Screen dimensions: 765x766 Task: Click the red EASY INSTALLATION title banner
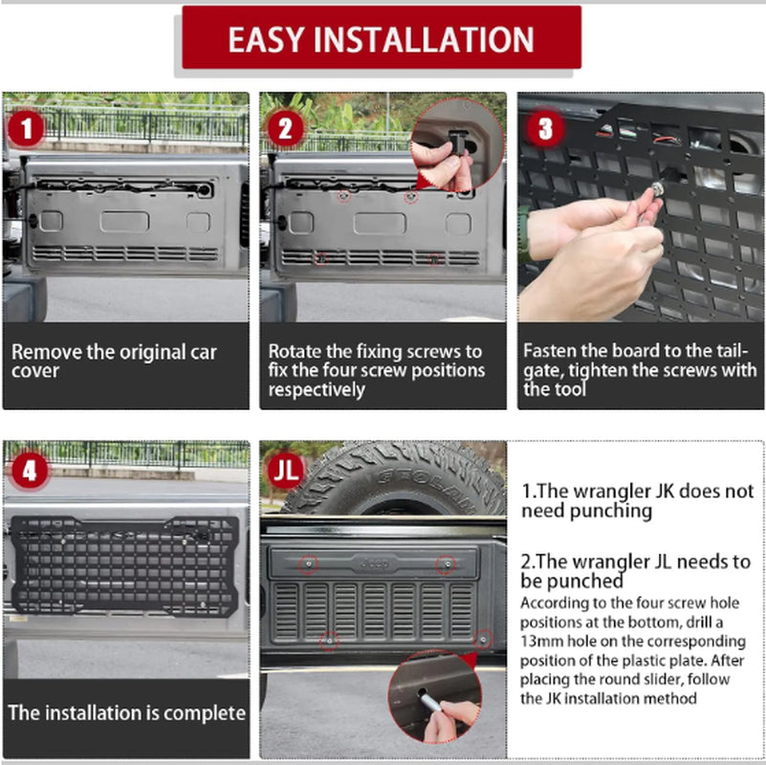pyautogui.click(x=381, y=38)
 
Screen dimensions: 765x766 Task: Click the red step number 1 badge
pyautogui.click(x=26, y=128)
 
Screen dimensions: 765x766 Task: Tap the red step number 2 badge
pyautogui.click(x=285, y=128)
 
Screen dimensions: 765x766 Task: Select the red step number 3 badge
pyautogui.click(x=545, y=128)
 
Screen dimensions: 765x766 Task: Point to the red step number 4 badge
pyautogui.click(x=29, y=470)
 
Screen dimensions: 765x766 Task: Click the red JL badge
pyautogui.click(x=286, y=470)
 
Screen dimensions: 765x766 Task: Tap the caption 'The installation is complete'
pyautogui.click(x=126, y=713)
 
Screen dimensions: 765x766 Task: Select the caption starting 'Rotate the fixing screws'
pyautogui.click(x=376, y=370)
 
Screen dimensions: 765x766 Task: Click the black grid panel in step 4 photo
pyautogui.click(x=124, y=565)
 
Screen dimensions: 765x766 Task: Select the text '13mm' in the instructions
pyautogui.click(x=539, y=640)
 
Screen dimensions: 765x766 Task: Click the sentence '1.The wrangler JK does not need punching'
pyautogui.click(x=637, y=500)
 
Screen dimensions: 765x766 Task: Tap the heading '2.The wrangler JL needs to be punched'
pyautogui.click(x=637, y=571)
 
